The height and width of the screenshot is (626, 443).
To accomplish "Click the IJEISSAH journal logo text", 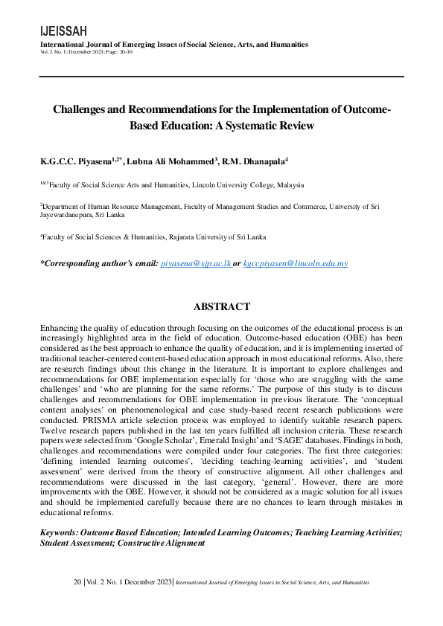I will point(63,30).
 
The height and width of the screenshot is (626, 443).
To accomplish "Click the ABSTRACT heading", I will point(221,306).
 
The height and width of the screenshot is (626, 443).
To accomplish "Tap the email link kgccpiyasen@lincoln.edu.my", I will point(296,263).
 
